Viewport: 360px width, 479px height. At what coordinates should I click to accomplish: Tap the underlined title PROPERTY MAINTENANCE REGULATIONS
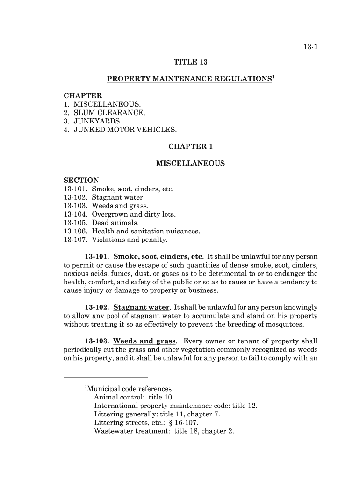pos(189,79)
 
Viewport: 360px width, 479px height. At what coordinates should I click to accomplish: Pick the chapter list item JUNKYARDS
pos(94,121)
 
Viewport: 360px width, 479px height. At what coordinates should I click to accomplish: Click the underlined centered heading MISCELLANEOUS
pos(190,164)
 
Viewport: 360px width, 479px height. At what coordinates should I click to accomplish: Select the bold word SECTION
pos(81,181)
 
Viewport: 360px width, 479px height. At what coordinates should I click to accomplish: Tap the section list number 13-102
pos(75,198)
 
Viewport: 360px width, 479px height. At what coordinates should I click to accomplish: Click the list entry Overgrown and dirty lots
pos(134,215)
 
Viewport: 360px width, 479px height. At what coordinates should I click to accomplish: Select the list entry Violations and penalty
pos(130,240)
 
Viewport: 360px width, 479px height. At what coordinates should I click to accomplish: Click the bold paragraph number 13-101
pos(97,257)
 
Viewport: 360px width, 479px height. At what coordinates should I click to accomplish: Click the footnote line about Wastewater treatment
pos(164,431)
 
